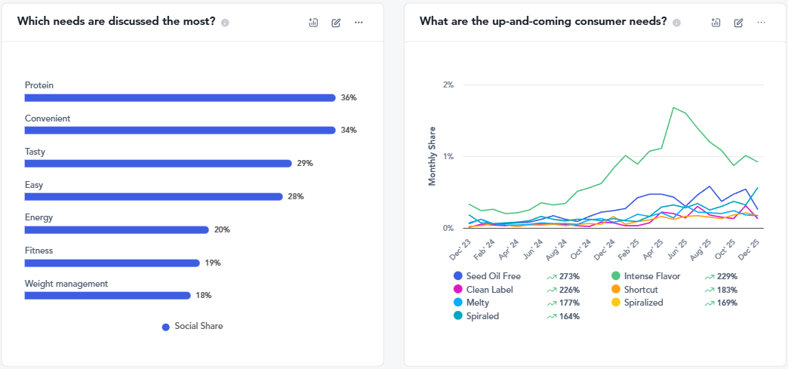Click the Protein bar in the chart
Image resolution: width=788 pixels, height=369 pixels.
pyautogui.click(x=180, y=97)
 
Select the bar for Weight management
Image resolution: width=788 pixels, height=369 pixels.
pyautogui.click(x=107, y=296)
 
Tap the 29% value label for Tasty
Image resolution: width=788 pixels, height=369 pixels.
pyautogui.click(x=305, y=164)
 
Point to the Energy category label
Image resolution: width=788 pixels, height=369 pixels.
pyautogui.click(x=38, y=217)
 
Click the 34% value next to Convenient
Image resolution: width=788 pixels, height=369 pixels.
pyautogui.click(x=348, y=131)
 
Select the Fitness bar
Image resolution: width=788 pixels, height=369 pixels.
pyautogui.click(x=112, y=263)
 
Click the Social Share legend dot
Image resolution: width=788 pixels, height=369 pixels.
pyautogui.click(x=166, y=327)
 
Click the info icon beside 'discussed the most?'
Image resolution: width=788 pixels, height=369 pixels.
pyautogui.click(x=225, y=23)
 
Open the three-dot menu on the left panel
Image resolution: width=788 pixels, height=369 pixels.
pyautogui.click(x=359, y=23)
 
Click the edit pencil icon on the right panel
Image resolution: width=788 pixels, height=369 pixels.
pyautogui.click(x=738, y=23)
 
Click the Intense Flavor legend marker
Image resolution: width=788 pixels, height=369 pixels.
pyautogui.click(x=616, y=276)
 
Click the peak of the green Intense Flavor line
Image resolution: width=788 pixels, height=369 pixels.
pyautogui.click(x=673, y=107)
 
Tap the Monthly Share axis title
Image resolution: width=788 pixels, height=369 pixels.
pyautogui.click(x=433, y=156)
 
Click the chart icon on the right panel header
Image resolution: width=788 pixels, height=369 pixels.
pyautogui.click(x=716, y=23)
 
